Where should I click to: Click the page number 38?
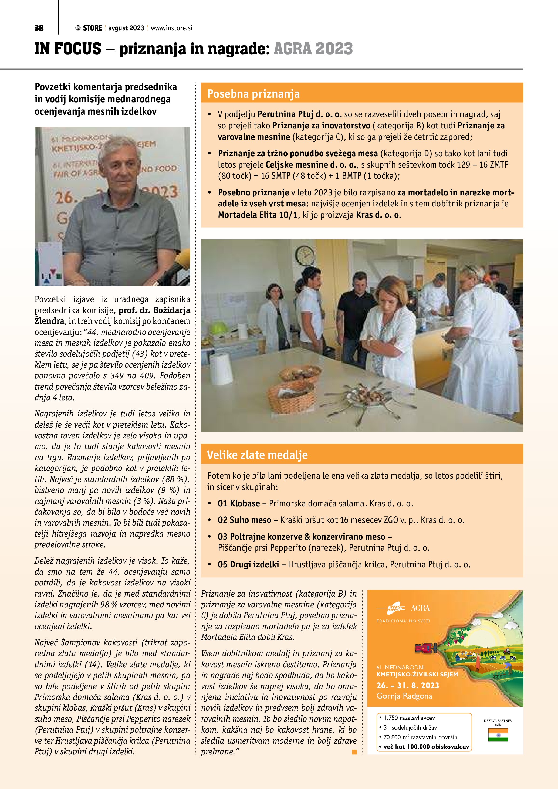pyautogui.click(x=39, y=28)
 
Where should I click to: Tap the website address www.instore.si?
pyautogui.click(x=171, y=28)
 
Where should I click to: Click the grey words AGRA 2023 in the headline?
pyautogui.click(x=313, y=49)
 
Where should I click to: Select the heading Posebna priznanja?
pyautogui.click(x=253, y=94)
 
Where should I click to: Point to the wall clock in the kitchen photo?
pyautogui.click(x=305, y=256)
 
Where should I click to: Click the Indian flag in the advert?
pyautogui.click(x=498, y=735)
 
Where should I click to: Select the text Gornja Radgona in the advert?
pyautogui.click(x=404, y=696)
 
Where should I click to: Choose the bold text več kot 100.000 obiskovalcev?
pyautogui.click(x=426, y=746)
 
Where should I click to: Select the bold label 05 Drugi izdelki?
pyautogui.click(x=248, y=564)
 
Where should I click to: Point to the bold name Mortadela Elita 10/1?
pyautogui.click(x=257, y=215)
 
